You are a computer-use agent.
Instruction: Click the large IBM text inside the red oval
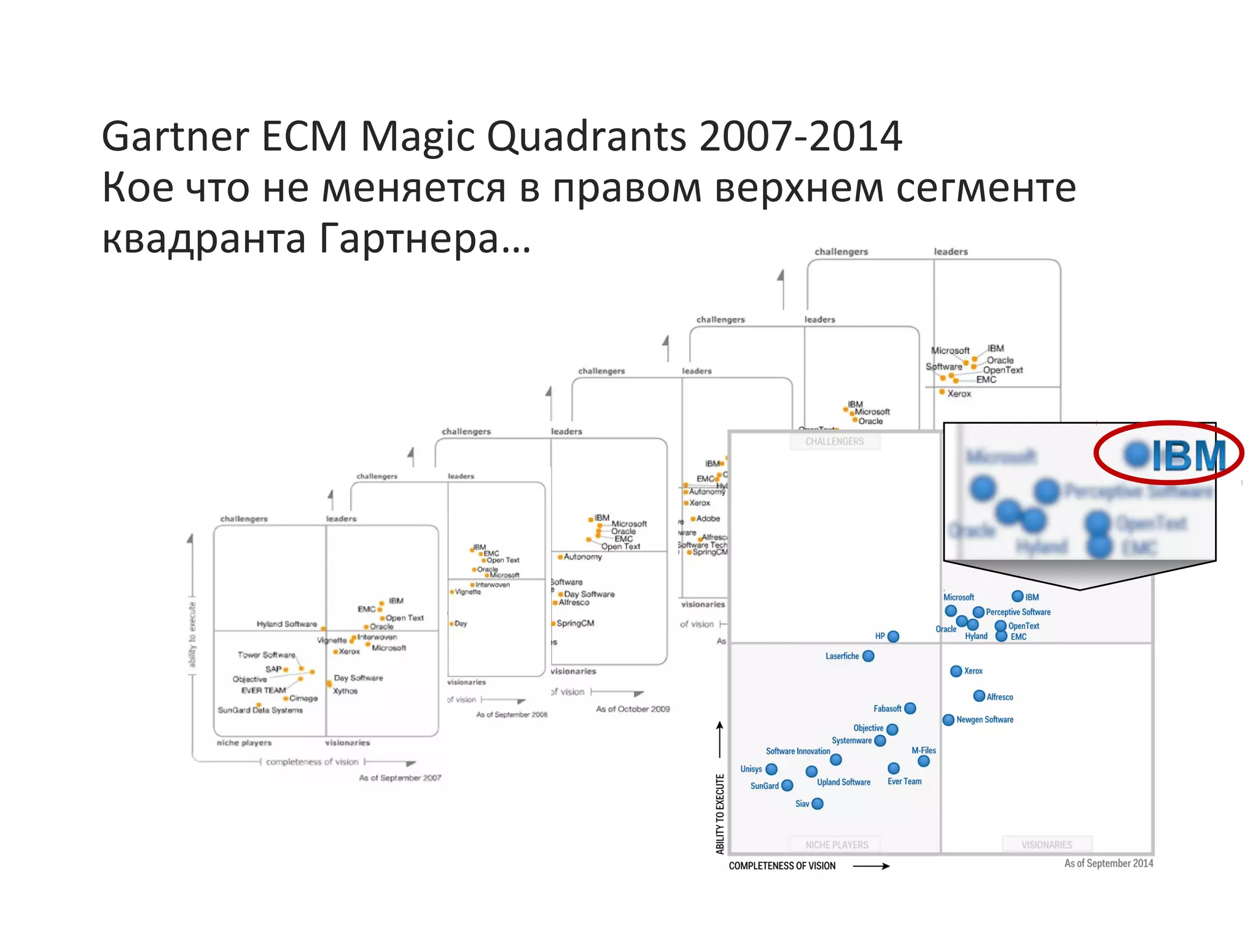click(1188, 456)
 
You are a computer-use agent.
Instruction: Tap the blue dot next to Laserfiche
click(868, 656)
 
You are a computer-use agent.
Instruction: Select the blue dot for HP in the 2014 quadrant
click(893, 637)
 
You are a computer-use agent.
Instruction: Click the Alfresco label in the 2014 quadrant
click(999, 697)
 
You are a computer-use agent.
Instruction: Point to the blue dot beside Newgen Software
click(948, 720)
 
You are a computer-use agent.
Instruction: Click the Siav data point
click(817, 804)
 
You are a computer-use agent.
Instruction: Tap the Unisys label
click(751, 769)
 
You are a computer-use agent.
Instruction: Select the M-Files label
click(923, 750)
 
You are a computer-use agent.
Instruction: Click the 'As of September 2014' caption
click(1108, 863)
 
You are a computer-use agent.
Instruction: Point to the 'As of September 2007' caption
click(400, 778)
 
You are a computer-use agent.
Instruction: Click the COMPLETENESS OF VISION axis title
click(782, 866)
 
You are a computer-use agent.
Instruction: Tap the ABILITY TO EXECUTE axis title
click(720, 813)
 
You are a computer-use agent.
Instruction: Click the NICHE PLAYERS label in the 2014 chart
click(837, 845)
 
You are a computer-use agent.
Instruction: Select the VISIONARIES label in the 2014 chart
click(1046, 845)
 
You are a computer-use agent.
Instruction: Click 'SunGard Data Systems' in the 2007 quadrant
click(260, 710)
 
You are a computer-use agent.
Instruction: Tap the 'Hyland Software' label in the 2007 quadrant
click(286, 624)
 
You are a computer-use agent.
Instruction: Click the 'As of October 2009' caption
click(633, 709)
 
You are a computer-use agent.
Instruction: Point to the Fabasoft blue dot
click(910, 708)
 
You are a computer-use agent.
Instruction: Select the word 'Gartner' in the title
click(175, 136)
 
